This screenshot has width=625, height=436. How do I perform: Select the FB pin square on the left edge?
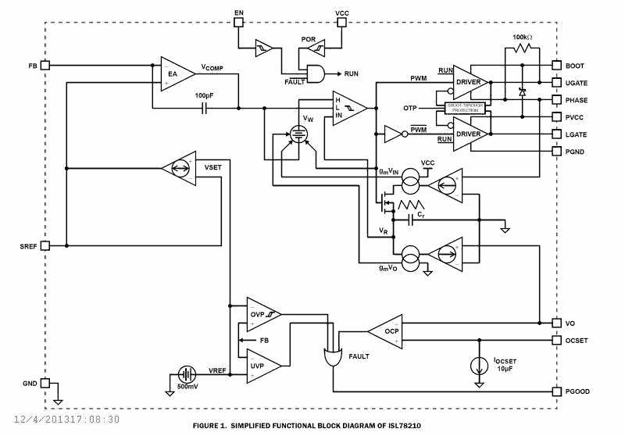click(45, 65)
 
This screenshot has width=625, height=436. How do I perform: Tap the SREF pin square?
click(45, 245)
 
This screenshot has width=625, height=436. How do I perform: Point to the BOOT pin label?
click(575, 66)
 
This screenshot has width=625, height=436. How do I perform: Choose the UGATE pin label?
click(577, 83)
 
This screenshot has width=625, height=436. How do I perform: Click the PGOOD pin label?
click(579, 391)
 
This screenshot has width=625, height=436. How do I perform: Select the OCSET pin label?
click(579, 340)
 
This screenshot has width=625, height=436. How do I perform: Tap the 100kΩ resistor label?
click(523, 37)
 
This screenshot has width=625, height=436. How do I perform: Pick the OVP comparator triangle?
click(262, 314)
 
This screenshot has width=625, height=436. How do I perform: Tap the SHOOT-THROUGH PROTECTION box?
click(466, 108)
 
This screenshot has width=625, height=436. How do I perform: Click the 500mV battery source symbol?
click(187, 374)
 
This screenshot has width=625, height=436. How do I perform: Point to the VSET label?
click(212, 168)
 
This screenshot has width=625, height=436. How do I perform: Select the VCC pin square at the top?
click(341, 23)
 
